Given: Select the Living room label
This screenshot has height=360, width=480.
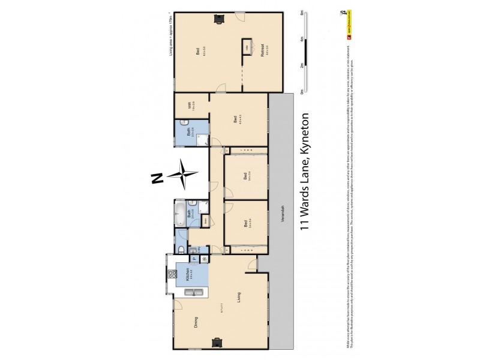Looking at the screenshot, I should [x=238, y=295].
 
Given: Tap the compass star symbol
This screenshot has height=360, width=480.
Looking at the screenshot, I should [x=184, y=175].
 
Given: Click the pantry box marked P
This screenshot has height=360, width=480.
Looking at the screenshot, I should [x=195, y=259].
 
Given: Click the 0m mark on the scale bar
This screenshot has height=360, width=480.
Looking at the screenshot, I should [x=301, y=92].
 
